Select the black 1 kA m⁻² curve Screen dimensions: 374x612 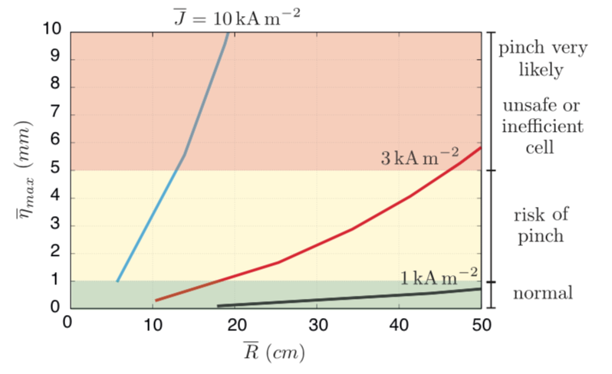click(322, 299)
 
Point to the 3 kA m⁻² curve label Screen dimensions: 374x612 click(420, 159)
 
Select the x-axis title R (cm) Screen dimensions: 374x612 click(273, 353)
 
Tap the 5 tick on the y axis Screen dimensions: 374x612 click(54, 170)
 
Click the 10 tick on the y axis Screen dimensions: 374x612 click(51, 31)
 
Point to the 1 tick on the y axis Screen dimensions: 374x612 click(54, 281)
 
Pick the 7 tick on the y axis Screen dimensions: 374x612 click(54, 114)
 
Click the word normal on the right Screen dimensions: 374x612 click(542, 294)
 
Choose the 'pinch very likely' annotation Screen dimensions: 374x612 click(542, 59)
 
